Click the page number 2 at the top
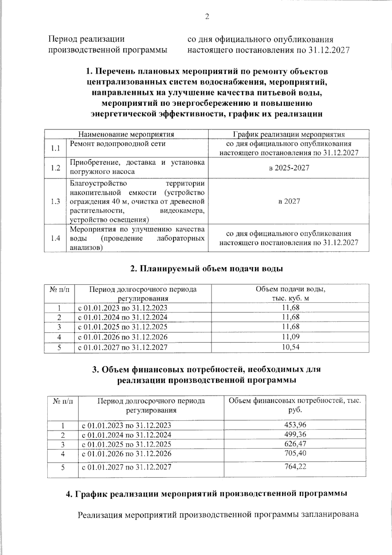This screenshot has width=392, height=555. point(207,17)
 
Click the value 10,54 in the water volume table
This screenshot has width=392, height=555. point(290,347)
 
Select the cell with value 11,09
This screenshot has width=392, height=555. point(290,337)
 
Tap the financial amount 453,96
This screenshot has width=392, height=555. point(295,425)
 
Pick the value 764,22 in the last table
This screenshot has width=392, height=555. point(295,466)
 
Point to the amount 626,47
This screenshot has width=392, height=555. point(295,444)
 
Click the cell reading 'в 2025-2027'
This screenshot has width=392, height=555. point(289,168)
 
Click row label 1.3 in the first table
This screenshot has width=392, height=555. point(56,201)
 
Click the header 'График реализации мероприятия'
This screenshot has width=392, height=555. point(289,134)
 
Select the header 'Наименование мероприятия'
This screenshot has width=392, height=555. point(126,134)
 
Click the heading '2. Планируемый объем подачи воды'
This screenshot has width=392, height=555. point(206,269)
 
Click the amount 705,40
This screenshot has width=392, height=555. point(295,453)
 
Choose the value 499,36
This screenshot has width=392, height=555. point(295,434)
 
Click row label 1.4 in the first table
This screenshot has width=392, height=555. point(56,238)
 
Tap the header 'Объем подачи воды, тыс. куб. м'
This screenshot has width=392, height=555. point(290,293)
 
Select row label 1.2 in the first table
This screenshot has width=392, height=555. point(56,168)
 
